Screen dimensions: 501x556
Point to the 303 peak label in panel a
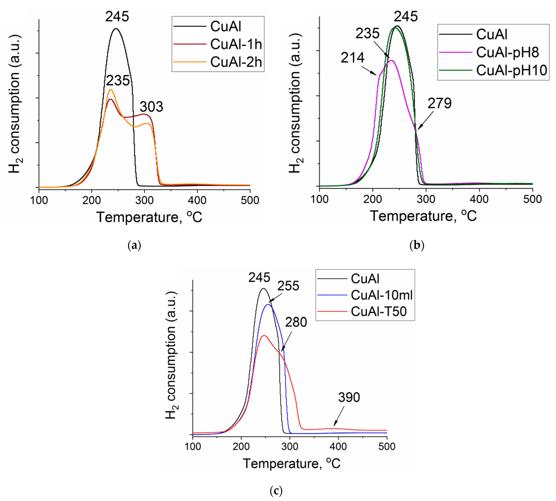[x=151, y=106]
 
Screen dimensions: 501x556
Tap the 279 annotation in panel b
[x=439, y=103]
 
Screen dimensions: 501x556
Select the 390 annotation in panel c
[x=349, y=397]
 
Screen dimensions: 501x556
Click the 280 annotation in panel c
[x=296, y=322]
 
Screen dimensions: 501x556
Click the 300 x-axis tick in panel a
[x=144, y=200]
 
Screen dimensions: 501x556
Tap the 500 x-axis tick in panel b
[x=532, y=199]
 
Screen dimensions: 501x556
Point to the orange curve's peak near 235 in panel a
[x=111, y=90]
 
